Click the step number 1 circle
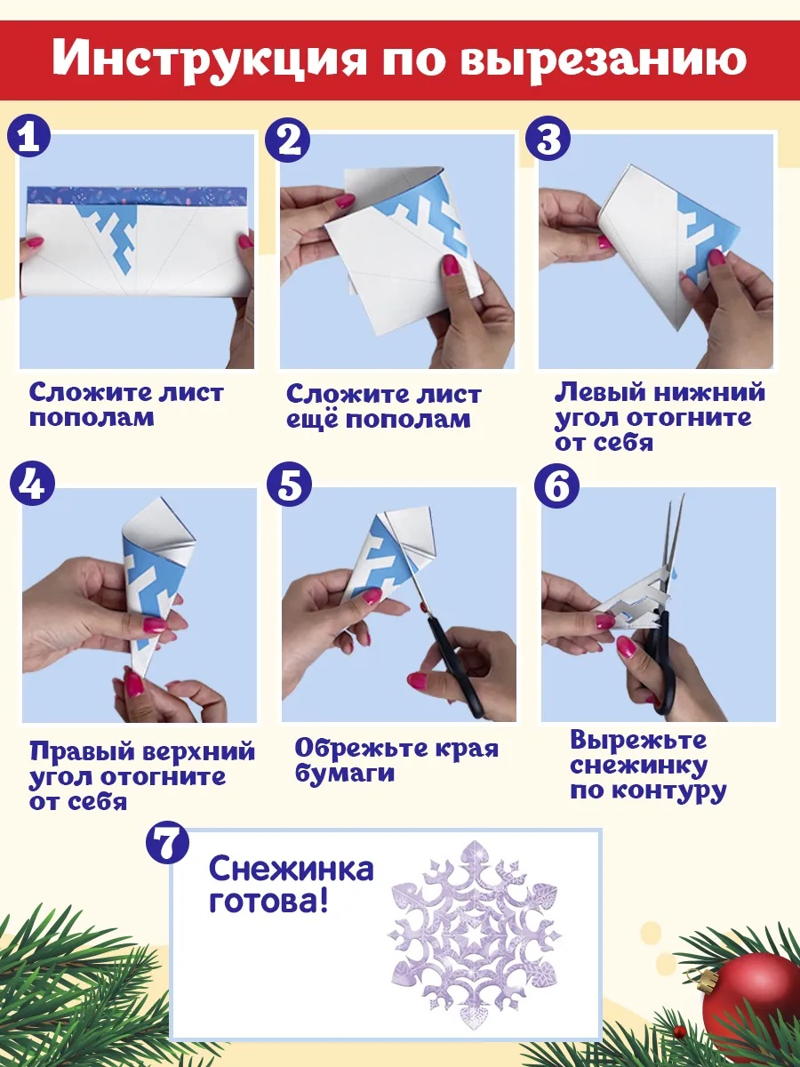pos(28,140)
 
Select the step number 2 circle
pos(287,140)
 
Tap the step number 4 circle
pos(32,486)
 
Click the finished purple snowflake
pos(474,943)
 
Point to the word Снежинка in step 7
pos(291,869)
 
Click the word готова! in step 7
pos(268,901)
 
